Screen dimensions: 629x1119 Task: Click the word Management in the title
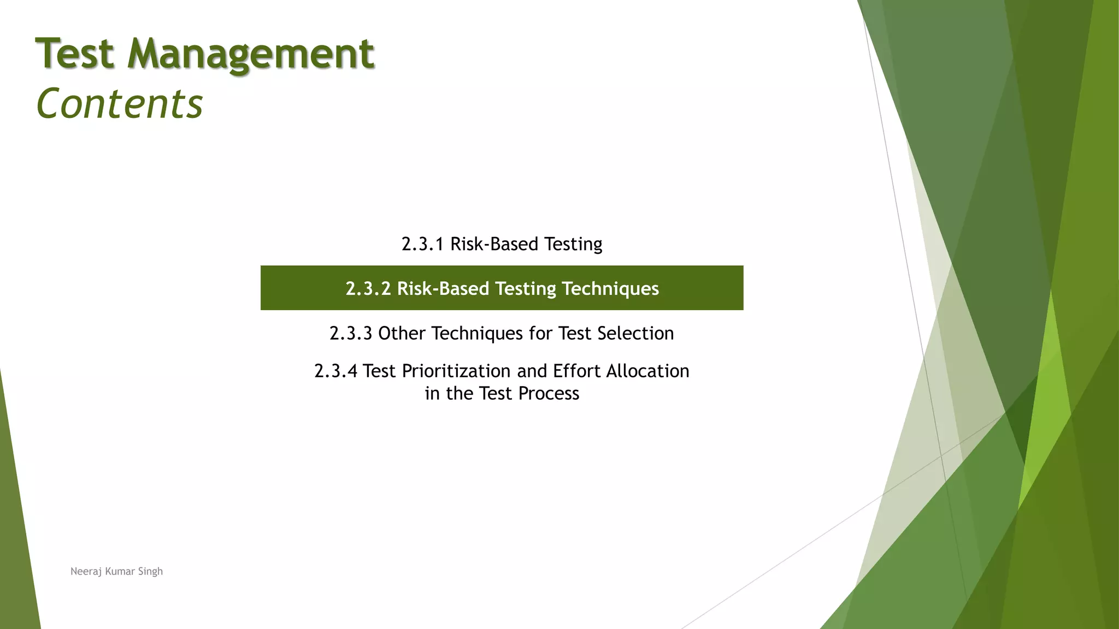click(251, 55)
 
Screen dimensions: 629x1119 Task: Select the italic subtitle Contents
click(119, 104)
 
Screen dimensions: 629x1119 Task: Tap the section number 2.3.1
click(422, 244)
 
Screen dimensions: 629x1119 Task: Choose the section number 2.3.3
click(351, 333)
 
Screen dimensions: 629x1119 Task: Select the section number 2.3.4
click(335, 371)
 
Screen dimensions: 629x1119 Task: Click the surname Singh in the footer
click(150, 572)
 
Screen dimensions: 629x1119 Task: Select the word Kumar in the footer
click(120, 572)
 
